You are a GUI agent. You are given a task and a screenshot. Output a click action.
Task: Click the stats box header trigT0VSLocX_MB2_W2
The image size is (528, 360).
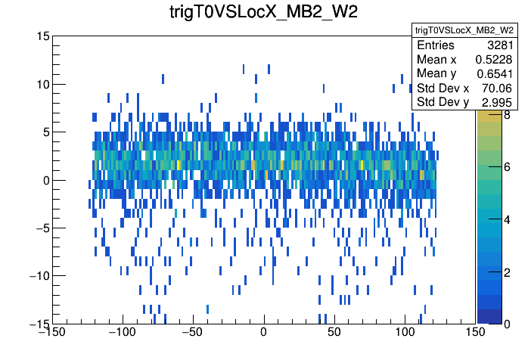point(464,29)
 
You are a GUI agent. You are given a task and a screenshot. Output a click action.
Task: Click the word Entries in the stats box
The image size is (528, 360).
point(436,45)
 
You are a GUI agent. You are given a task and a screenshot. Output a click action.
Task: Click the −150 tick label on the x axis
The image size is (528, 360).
point(52,333)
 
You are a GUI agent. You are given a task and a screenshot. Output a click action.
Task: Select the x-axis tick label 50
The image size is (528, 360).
point(334,333)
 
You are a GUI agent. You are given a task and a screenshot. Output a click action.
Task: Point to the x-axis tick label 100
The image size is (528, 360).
point(405,333)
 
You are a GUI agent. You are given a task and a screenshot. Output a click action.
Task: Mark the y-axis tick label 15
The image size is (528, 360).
point(43,36)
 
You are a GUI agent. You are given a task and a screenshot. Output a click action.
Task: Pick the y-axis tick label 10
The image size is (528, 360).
point(43,84)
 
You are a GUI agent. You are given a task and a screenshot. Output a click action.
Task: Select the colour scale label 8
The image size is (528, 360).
point(506,116)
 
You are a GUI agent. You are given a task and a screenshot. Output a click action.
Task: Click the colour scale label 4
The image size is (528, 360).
point(506,219)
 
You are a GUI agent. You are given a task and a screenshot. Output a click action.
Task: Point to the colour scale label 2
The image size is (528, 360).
point(506,272)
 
